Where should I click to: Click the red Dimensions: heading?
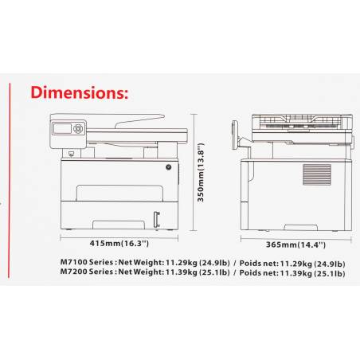tap(80, 92)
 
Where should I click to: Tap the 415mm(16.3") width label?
tap(119, 244)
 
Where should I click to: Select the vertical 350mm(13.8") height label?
tap(201, 172)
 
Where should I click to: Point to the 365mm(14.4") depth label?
tap(295, 245)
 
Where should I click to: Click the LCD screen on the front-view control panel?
tap(62, 129)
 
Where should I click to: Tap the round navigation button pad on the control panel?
tap(78, 129)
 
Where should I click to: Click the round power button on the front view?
tap(169, 167)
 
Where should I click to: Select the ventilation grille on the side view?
tap(317, 174)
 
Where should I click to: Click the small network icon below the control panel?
tap(71, 153)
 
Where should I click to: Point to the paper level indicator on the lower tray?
tap(157, 219)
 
